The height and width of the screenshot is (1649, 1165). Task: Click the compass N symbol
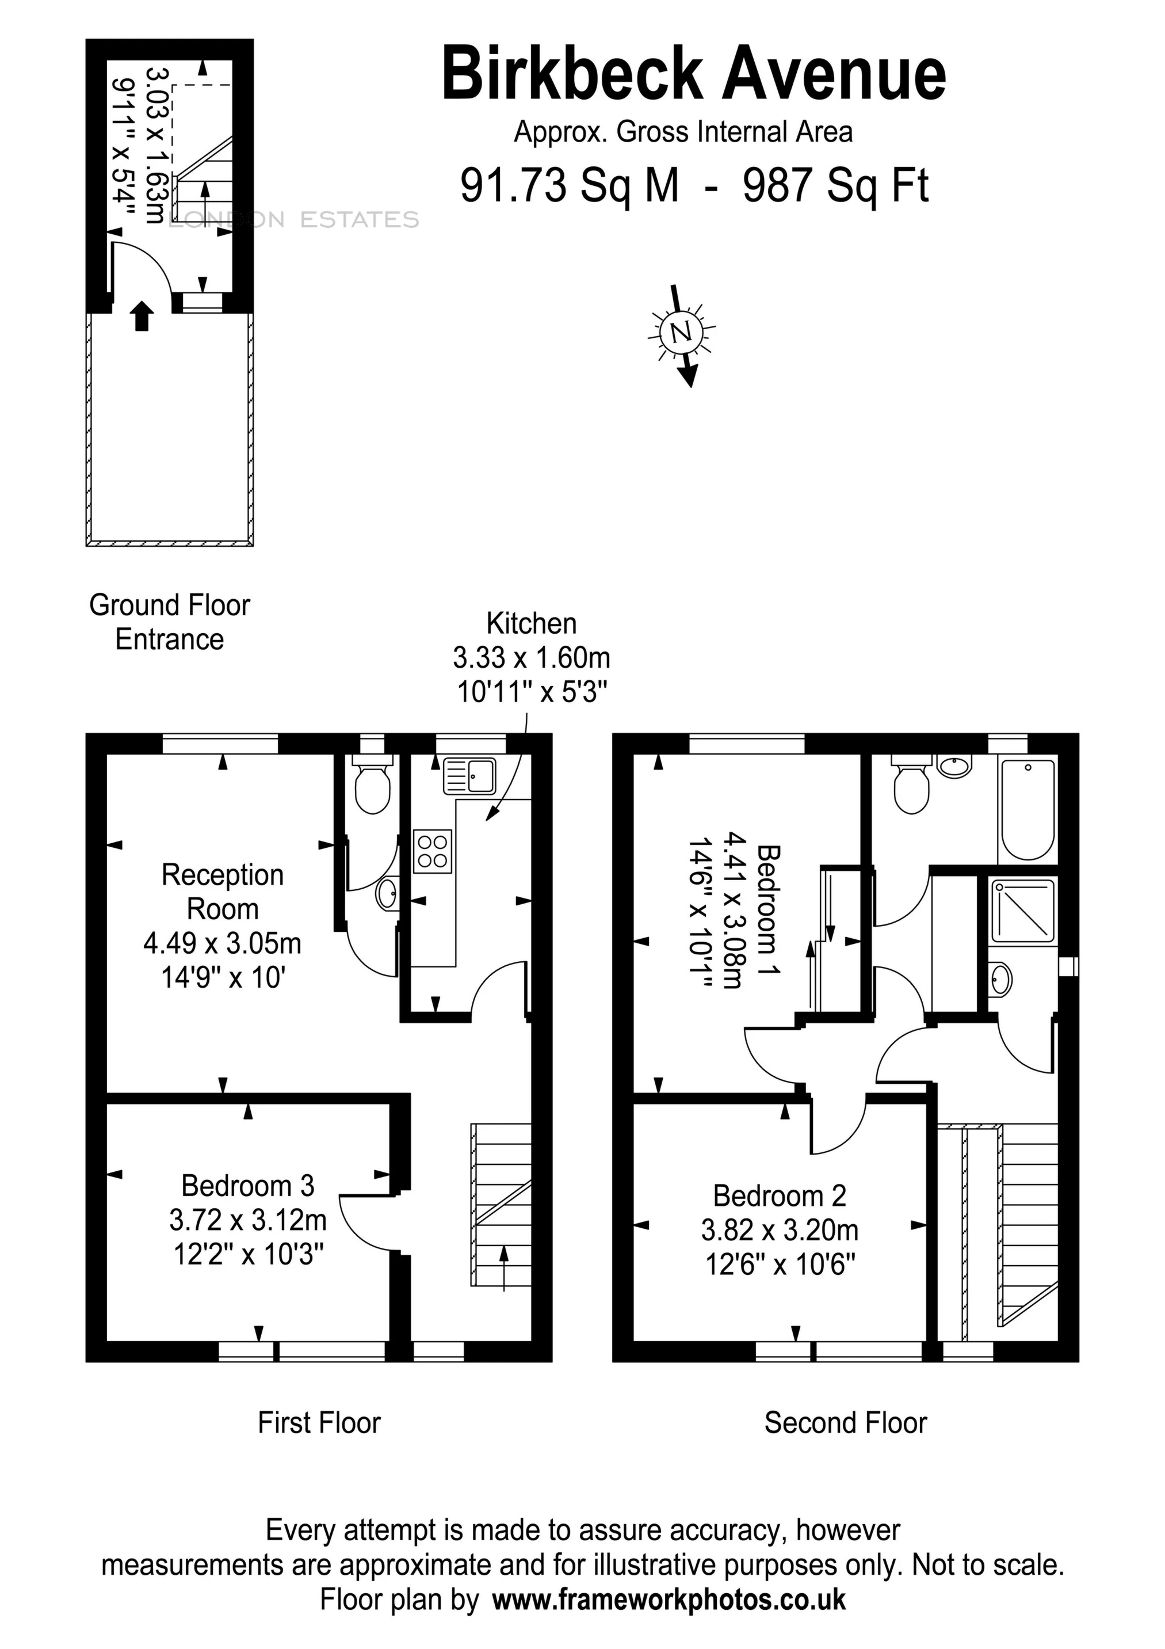click(x=681, y=332)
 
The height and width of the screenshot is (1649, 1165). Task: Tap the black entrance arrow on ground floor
click(x=142, y=316)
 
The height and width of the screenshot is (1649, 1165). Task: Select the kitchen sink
click(x=469, y=776)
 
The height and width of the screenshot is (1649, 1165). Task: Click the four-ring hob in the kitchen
click(x=432, y=852)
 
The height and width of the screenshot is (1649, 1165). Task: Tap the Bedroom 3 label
click(x=247, y=1186)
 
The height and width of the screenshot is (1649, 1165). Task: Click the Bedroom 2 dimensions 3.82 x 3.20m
click(x=780, y=1231)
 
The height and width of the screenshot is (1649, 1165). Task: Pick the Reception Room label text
click(x=223, y=892)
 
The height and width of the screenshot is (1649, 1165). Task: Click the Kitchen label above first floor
click(x=531, y=623)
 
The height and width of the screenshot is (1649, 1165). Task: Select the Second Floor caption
click(x=846, y=1423)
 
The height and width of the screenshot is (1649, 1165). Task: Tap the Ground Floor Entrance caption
click(x=169, y=622)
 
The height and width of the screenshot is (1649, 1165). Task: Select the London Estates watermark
click(x=295, y=220)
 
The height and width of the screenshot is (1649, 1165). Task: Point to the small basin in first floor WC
click(x=387, y=895)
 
